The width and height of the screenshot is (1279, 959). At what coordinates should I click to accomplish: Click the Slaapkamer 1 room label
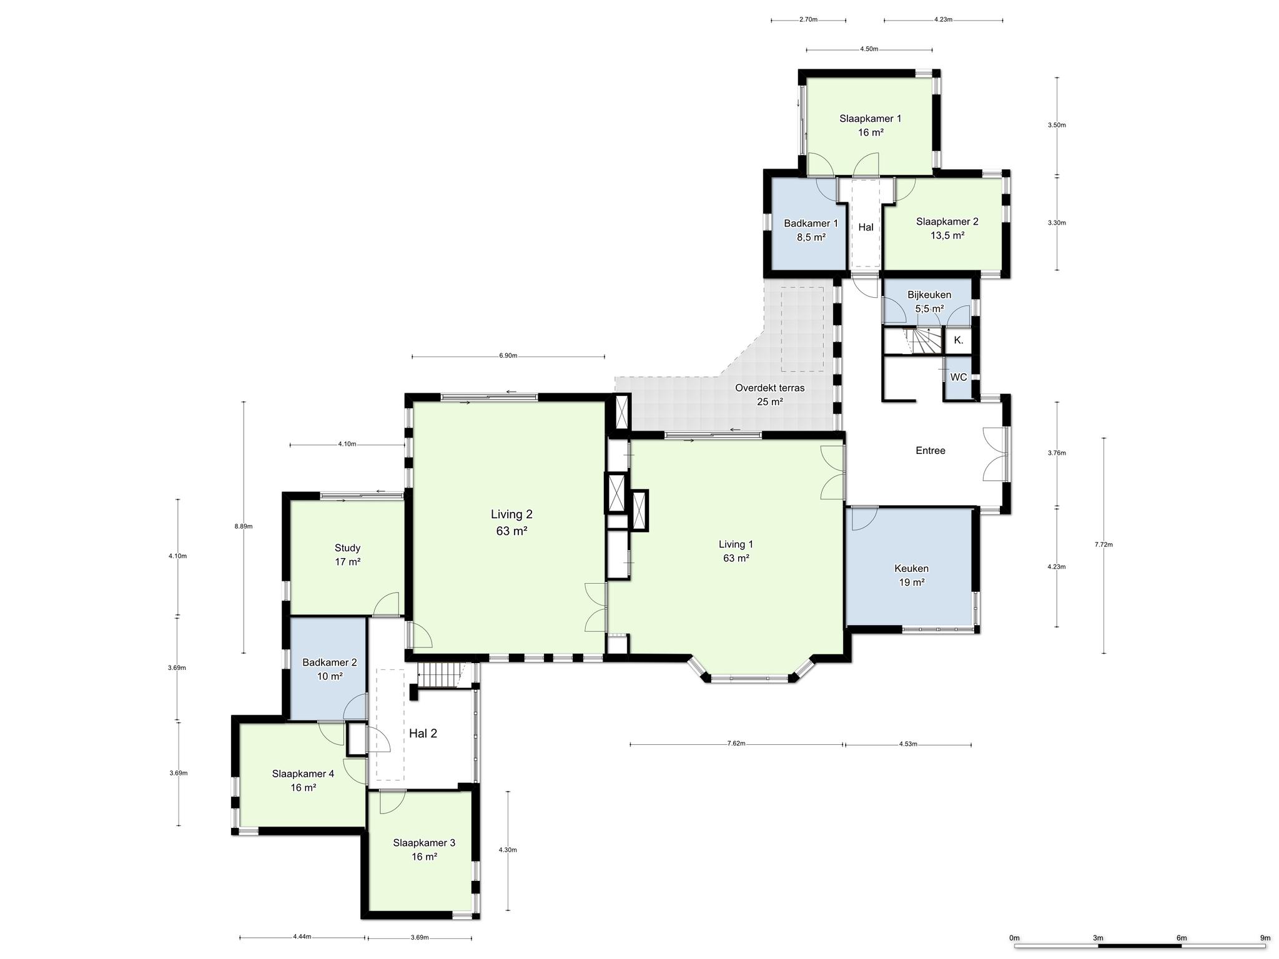pos(870,118)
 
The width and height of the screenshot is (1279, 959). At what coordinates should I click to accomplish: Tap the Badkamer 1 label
pos(811,224)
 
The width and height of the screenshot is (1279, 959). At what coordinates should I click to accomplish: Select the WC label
pos(959,377)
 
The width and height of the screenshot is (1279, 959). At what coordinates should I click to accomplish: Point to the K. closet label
pos(959,340)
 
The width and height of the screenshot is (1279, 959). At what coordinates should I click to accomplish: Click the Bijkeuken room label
pos(929,295)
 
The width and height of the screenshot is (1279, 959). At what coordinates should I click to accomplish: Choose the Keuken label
pos(911,568)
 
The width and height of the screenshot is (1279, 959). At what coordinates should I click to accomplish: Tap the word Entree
pos(931,450)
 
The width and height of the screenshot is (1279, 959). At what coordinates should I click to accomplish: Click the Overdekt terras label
pos(770,388)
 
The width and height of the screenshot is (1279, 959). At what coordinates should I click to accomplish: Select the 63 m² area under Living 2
pos(511,531)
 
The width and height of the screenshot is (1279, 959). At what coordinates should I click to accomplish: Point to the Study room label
pos(347,548)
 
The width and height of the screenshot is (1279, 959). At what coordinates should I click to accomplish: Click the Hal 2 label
pos(423,734)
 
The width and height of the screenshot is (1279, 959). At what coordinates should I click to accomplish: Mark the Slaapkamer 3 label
pos(424,842)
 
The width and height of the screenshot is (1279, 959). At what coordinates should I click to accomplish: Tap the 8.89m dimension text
pos(244,526)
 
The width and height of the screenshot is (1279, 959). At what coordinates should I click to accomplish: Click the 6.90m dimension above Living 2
pos(508,356)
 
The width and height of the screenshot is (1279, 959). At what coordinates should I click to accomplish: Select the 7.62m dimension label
pos(736,744)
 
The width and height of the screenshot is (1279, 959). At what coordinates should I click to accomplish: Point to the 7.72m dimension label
pos(1104,544)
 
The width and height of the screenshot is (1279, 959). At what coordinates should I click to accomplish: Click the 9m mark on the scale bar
pos(1265,938)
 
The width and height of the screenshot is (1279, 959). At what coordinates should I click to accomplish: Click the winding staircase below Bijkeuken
pos(923,342)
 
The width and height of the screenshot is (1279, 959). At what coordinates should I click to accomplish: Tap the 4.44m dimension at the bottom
pos(302,937)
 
